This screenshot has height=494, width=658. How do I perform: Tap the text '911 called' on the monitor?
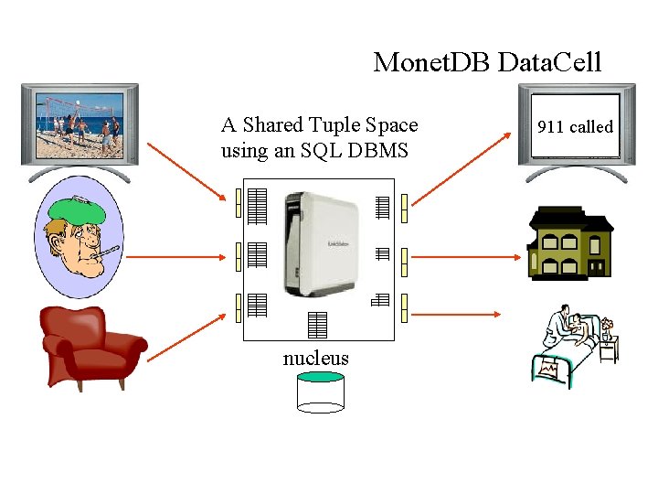click(575, 127)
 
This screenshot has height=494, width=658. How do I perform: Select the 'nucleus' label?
click(315, 358)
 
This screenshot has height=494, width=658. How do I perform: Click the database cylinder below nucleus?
click(320, 392)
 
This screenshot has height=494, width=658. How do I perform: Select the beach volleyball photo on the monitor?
click(79, 123)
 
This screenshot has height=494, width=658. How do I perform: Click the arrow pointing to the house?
click(466, 256)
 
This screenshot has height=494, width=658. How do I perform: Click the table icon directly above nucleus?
click(316, 324)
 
